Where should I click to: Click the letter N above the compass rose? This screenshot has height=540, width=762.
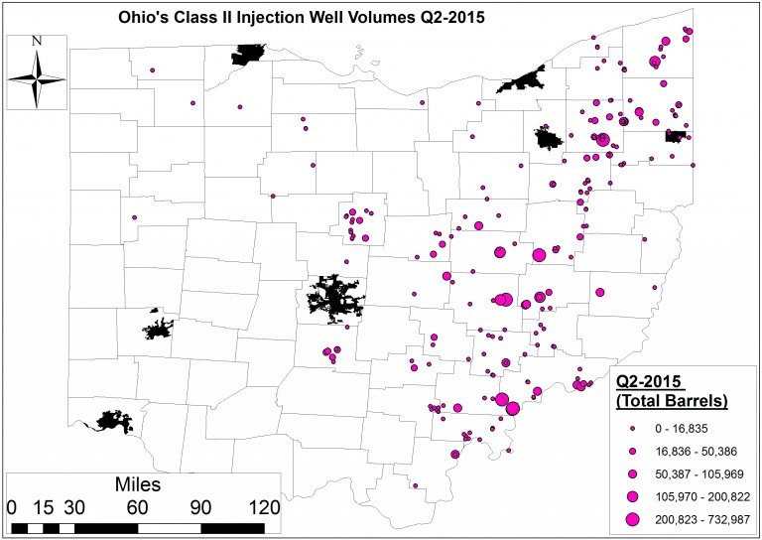[x=37, y=41]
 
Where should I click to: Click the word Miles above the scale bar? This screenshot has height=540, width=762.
[x=137, y=485]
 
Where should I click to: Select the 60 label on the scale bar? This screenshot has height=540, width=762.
[x=137, y=507]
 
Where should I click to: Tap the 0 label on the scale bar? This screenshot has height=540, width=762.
[x=12, y=507]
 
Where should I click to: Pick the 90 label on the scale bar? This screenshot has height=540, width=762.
[x=201, y=507]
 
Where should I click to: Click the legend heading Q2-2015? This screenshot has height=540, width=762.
[x=652, y=382]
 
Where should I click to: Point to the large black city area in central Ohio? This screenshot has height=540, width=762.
[x=334, y=296]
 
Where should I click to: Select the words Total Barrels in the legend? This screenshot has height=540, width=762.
[x=673, y=402]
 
